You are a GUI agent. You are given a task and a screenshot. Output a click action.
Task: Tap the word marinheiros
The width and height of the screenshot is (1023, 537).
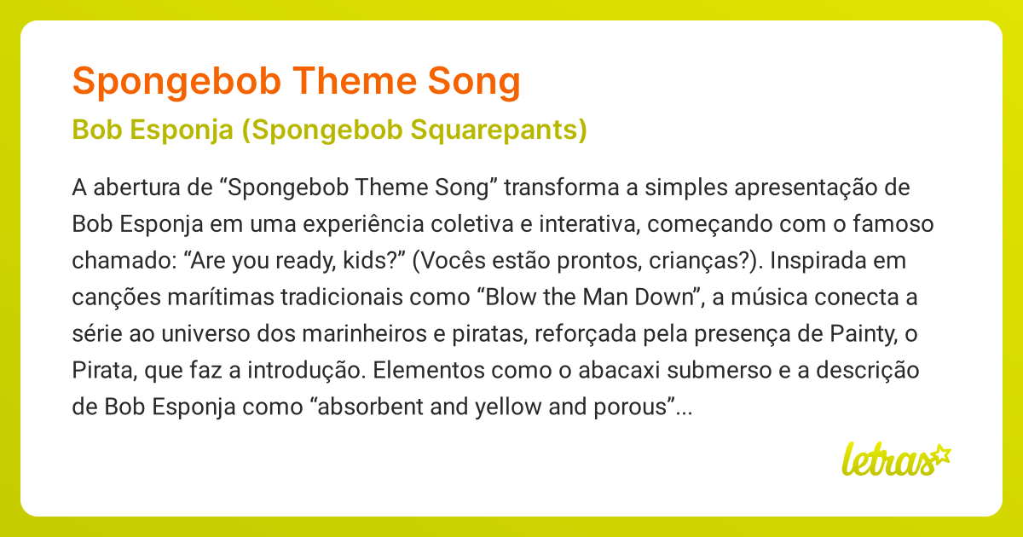click(x=367, y=333)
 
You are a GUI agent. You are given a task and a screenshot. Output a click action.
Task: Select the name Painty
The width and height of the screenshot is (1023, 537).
click(x=863, y=334)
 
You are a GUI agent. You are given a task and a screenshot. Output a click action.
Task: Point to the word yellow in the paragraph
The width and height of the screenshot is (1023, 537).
click(x=508, y=407)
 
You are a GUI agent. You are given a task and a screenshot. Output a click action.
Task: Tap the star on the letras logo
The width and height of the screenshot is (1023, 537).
click(x=941, y=455)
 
